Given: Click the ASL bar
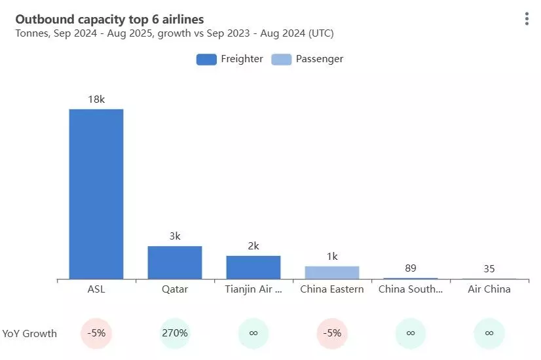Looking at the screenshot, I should [x=96, y=194].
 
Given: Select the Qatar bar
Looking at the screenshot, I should [x=175, y=262].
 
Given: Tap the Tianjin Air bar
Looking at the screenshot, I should [x=253, y=267].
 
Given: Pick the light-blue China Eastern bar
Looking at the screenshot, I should [x=332, y=272].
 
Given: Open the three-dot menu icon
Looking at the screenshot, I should [x=527, y=19].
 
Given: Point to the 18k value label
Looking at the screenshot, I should [x=96, y=99].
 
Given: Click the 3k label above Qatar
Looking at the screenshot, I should [x=175, y=236].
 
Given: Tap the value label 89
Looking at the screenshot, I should [x=411, y=268].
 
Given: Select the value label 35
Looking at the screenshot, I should [x=489, y=268].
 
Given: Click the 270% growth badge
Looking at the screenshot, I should [x=175, y=333].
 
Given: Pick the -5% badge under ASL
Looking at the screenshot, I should [x=96, y=333].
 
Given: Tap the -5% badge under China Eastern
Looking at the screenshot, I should [x=332, y=333].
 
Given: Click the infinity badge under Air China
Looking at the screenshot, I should [x=489, y=333].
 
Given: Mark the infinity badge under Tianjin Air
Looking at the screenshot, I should [x=253, y=333].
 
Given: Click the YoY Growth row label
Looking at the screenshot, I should [x=29, y=334].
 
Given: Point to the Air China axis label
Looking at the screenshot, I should [x=489, y=289].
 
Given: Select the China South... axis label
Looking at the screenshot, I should [x=411, y=289].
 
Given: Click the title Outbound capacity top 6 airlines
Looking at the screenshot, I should [x=109, y=20].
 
